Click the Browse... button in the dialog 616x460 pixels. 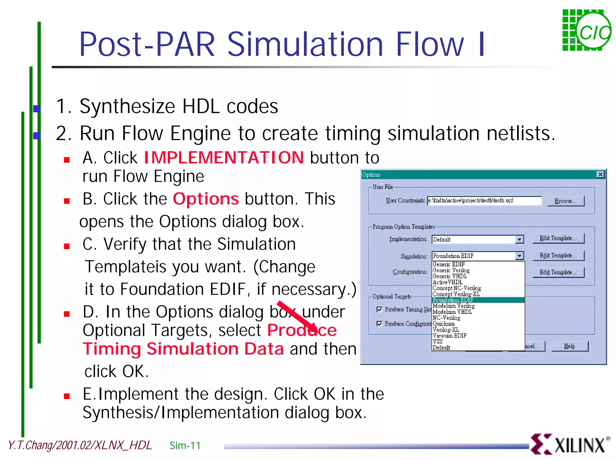[565, 201]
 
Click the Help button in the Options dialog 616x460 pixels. [569, 346]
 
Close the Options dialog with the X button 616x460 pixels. [600, 174]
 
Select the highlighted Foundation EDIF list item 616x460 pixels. [453, 300]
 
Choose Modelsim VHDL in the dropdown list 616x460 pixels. [452, 312]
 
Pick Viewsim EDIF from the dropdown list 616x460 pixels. [449, 336]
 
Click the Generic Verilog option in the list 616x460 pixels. [451, 270]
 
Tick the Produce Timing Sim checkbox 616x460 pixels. [379, 309]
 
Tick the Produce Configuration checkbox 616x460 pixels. [379, 324]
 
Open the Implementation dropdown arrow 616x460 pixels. [519, 239]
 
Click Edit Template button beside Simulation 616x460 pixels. [558, 256]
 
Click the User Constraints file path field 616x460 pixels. [484, 201]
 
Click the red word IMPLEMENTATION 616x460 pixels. [224, 158]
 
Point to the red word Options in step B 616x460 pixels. [206, 199]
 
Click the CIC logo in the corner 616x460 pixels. [587, 30]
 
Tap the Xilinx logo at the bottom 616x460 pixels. [570, 444]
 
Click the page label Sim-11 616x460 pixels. [185, 445]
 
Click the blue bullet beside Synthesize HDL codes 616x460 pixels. [37, 109]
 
